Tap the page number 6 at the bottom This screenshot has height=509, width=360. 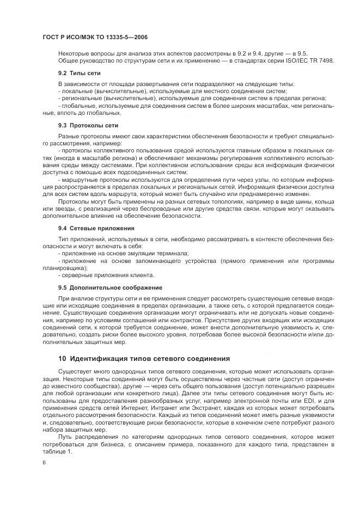(44, 462)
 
